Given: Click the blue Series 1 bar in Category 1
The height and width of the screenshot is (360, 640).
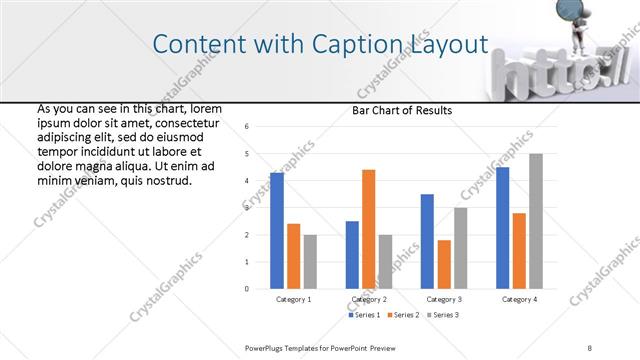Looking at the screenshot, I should click(277, 231).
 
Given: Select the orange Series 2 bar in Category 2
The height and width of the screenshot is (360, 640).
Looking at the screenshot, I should click(368, 229).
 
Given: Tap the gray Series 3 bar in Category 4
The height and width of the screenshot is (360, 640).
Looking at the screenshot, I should click(536, 221).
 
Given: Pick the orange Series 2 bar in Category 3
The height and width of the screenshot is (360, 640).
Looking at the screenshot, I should click(444, 264).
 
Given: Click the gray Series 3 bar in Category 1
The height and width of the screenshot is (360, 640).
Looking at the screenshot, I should click(310, 262).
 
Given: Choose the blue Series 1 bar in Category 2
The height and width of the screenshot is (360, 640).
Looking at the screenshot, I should click(352, 255).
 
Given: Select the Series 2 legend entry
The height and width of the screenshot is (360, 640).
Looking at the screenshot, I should click(402, 315).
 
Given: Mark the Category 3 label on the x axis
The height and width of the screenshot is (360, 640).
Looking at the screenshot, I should click(444, 299).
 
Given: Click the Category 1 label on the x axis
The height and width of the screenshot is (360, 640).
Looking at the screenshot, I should click(294, 299).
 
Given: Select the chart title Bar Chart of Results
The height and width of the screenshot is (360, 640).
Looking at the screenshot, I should click(402, 110).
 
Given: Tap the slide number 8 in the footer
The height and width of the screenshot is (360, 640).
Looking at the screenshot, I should click(590, 347).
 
